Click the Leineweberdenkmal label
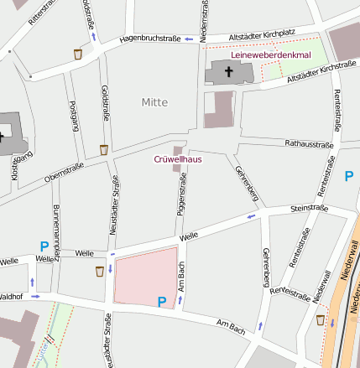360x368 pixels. (269, 55)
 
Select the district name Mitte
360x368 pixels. (154, 102)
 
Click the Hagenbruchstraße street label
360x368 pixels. (149, 39)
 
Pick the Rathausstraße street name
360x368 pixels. (309, 144)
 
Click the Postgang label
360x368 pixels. (74, 116)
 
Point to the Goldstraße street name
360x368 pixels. (105, 103)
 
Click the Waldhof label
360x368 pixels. (10, 296)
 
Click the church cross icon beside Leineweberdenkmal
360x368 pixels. (228, 72)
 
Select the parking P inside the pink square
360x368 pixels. (162, 301)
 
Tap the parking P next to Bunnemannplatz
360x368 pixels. (44, 246)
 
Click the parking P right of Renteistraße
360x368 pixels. (349, 175)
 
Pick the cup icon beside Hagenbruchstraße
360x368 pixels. (78, 54)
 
